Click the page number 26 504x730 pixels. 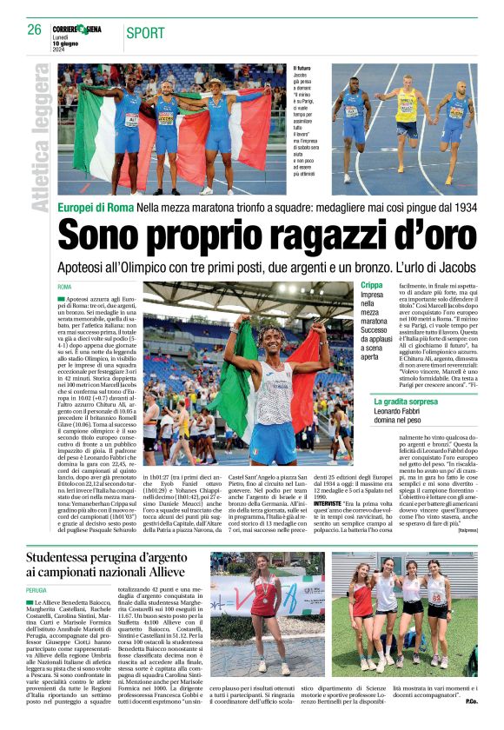point(34,30)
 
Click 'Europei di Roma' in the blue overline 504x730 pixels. point(95,209)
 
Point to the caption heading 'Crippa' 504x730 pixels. point(373,285)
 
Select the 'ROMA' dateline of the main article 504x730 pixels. point(64,286)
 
